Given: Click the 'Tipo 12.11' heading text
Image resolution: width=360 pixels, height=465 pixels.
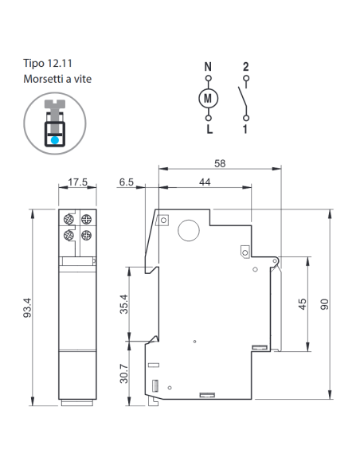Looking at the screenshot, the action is pos(48,63).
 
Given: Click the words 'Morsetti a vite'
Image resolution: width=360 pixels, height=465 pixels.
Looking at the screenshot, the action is pos(57,79).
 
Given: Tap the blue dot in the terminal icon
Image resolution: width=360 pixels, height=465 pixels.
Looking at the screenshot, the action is pos(55,140).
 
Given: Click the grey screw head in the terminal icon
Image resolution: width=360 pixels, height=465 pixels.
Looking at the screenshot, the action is pos(55,104).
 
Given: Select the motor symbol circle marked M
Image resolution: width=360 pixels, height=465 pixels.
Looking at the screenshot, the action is pos(208,98).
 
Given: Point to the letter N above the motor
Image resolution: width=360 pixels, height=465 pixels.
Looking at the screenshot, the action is pos(208,67).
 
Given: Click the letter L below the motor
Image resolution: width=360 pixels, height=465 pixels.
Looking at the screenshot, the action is pos(209,129).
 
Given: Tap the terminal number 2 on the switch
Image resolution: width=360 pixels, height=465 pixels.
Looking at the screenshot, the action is pos(245,67).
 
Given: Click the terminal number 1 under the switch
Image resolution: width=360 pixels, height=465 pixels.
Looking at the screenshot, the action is pos(245,129).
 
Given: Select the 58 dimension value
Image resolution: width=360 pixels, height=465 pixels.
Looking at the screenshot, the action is pos(220,163).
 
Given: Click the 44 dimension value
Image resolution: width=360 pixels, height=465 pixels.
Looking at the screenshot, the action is pos(205,182).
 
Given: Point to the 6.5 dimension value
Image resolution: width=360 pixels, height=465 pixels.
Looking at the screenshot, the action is pos(127,182).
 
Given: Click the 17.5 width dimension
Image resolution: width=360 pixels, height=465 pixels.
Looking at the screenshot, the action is pos(78,182).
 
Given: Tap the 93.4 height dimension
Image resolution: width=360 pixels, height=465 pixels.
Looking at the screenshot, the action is pos(27,307).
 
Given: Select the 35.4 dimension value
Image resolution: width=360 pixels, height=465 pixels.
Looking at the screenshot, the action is pos(123,304).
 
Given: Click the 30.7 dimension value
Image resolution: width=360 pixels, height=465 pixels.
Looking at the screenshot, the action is pos(123,373).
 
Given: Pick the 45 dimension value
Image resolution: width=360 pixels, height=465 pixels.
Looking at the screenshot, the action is pos(302,304).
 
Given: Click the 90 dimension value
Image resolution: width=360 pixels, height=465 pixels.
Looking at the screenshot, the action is pos(325,304).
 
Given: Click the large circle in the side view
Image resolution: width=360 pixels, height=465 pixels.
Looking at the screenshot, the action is pos(189,230).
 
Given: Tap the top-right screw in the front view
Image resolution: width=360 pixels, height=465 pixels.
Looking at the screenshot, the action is pos(86,220).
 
